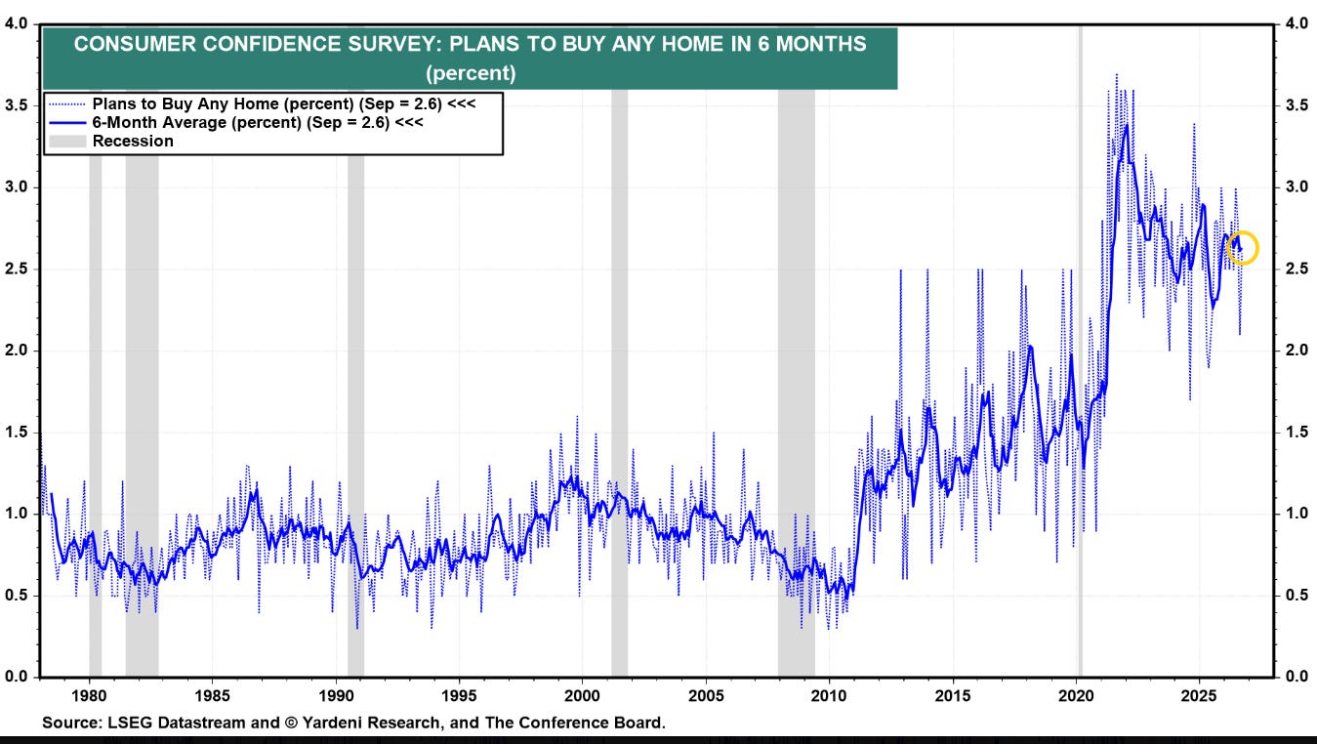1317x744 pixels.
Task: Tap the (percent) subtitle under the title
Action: [471, 73]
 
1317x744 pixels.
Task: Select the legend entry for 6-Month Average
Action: [235, 122]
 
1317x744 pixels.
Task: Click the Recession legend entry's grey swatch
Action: [67, 142]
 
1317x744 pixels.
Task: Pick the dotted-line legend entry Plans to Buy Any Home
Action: [262, 103]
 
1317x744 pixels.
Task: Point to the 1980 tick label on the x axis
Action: [90, 696]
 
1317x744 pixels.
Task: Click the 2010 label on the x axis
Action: [829, 696]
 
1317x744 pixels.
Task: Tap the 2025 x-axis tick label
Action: [1199, 696]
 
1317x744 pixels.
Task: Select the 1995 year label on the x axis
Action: [459, 696]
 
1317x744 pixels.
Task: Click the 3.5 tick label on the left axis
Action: [17, 105]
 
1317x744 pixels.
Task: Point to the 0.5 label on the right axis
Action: [1296, 596]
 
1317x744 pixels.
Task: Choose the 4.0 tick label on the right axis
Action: [1296, 23]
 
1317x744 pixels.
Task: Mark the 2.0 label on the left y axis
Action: [17, 350]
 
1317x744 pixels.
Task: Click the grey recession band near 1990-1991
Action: [355, 412]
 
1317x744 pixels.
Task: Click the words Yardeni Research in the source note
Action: [370, 723]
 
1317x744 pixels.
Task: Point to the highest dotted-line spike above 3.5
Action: [1117, 75]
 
